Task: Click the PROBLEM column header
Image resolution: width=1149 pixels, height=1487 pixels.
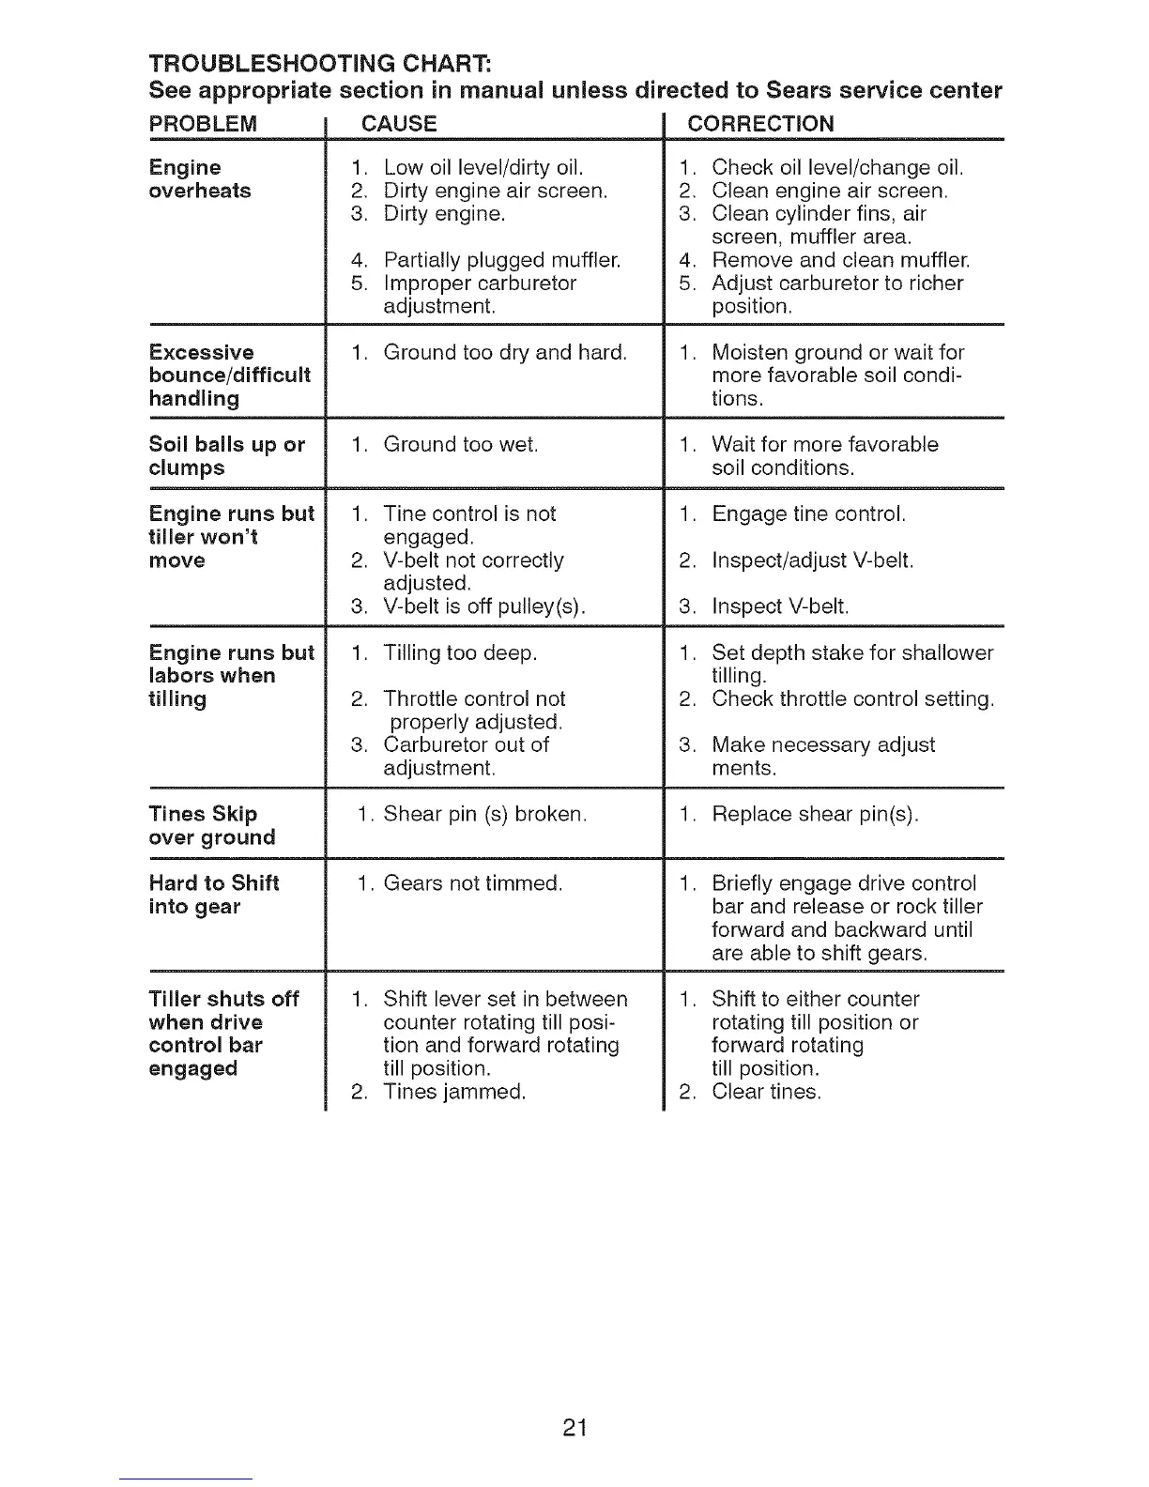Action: (203, 124)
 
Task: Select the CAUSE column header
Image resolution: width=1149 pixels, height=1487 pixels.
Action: (399, 124)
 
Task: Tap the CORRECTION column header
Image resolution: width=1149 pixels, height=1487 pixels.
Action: (760, 124)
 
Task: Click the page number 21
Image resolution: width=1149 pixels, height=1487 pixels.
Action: (574, 1428)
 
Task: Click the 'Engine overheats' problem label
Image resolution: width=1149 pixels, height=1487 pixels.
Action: (200, 179)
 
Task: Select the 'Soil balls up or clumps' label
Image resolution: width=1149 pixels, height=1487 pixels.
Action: (226, 456)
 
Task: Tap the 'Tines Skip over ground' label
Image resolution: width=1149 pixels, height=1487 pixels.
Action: (212, 825)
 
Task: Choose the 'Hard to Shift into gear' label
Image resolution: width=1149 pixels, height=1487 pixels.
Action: (214, 895)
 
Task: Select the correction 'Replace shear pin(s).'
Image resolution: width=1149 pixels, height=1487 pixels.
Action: (815, 814)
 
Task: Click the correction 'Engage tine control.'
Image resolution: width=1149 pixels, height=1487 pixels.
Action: (808, 514)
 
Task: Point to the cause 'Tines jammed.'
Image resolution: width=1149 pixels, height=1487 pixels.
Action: (454, 1092)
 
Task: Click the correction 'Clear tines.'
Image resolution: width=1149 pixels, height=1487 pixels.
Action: (766, 1092)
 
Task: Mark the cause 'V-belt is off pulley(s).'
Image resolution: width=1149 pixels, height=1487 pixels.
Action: (484, 606)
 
